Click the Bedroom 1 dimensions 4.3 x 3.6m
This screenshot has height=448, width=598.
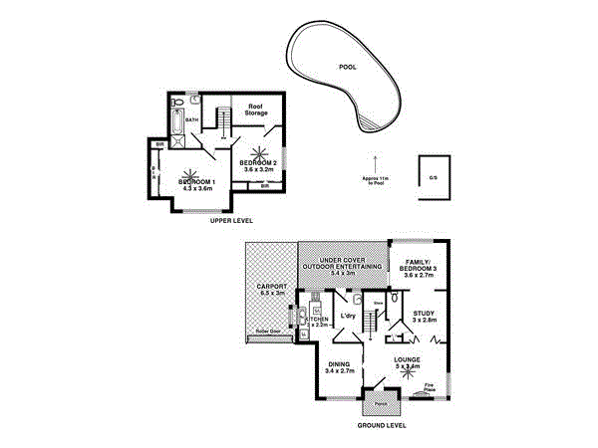196,189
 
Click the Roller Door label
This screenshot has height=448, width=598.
269,331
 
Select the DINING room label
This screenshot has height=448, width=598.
340,364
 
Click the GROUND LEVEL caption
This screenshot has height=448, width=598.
382,424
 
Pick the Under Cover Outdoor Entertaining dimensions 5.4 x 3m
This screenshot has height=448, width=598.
343,274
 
